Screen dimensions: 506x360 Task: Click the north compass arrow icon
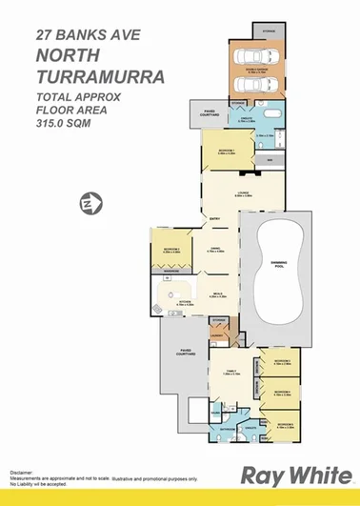[90, 203]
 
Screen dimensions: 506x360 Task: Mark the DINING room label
[216, 250]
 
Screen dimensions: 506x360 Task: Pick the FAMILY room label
[230, 373]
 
